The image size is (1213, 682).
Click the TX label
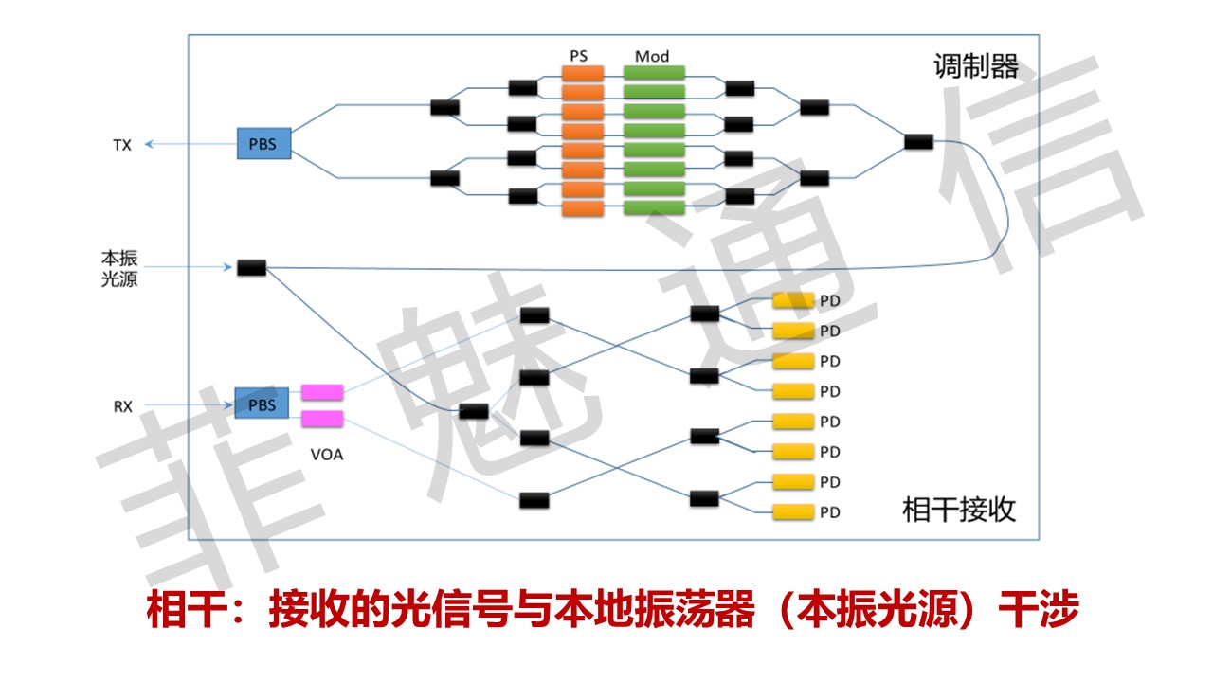tap(121, 145)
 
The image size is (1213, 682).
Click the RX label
tap(122, 406)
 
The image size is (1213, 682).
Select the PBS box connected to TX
tap(263, 145)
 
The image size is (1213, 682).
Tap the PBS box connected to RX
tap(262, 405)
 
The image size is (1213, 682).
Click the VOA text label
tap(327, 454)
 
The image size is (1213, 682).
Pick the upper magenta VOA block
tap(322, 391)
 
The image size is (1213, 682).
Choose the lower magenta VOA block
tap(322, 419)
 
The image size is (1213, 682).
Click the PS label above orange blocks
tap(579, 56)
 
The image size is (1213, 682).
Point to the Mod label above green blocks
tap(652, 56)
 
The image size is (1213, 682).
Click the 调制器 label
tap(976, 67)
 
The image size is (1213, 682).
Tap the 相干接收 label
tap(959, 510)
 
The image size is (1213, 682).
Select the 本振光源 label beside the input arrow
tap(119, 268)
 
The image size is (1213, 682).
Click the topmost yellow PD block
tap(793, 300)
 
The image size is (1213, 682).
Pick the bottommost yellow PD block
tap(793, 511)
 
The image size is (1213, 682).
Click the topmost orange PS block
tap(583, 73)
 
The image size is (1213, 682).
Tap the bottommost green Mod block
tap(654, 207)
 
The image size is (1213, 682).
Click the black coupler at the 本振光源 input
tap(251, 268)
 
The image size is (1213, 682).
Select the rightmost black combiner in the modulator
tap(918, 142)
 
